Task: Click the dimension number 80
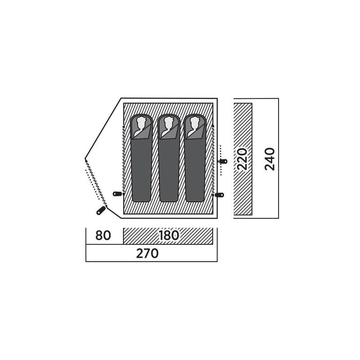[103, 235]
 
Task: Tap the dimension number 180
[169, 235]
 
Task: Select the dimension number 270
[148, 253]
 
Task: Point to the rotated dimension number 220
[243, 159]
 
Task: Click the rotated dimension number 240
[270, 159]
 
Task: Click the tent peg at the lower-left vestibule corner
[101, 211]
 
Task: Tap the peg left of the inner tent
[117, 194]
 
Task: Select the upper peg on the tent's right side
[223, 161]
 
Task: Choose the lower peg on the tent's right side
[219, 195]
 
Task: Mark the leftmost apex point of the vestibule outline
[85, 159]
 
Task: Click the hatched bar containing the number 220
[243, 159]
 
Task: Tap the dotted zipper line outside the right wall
[221, 160]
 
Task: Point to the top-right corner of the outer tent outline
[217, 98]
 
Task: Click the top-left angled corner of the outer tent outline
[121, 98]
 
